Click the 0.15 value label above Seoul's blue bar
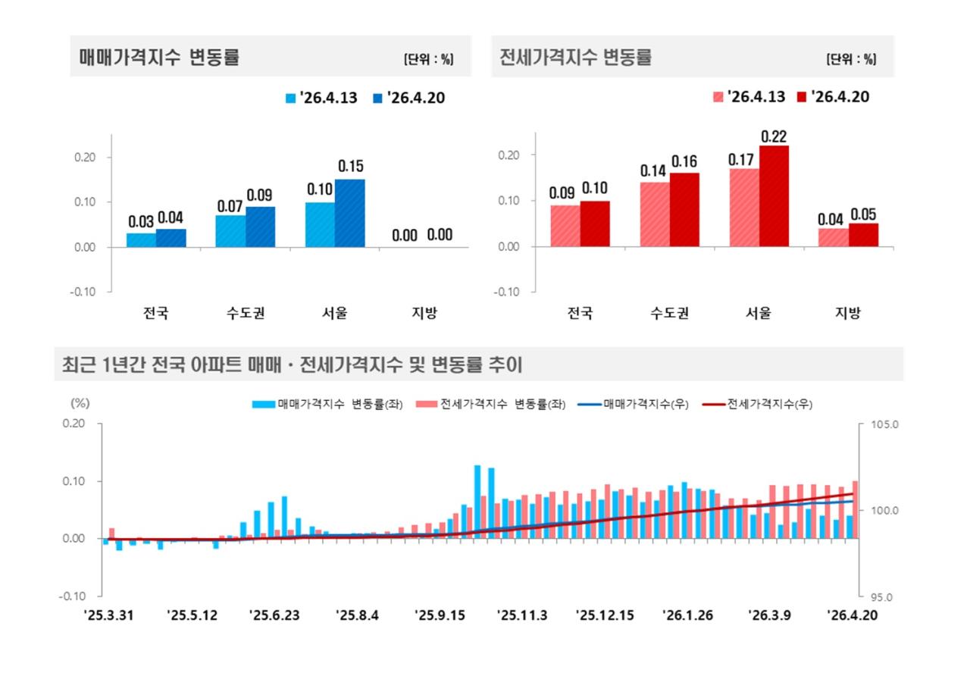(x=351, y=166)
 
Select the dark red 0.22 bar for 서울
(x=774, y=196)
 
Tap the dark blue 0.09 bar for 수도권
(x=261, y=227)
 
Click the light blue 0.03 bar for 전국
(x=141, y=239)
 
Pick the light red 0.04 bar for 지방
(x=834, y=237)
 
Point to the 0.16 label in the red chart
(x=684, y=161)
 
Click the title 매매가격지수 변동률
(x=159, y=58)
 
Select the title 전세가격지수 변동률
(x=576, y=58)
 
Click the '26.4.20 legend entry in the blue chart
(x=408, y=98)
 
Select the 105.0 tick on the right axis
(x=883, y=424)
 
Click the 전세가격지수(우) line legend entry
(x=758, y=405)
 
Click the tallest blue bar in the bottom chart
(x=477, y=501)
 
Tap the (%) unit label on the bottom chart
(x=80, y=405)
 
